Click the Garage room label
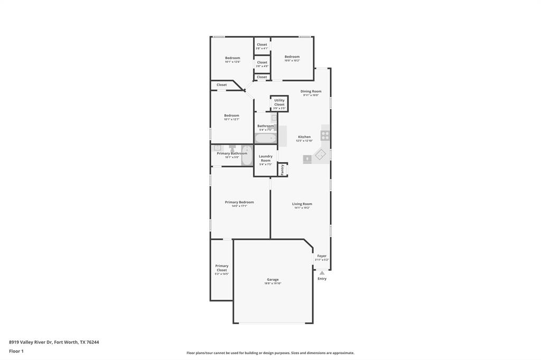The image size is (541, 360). pos(273,280)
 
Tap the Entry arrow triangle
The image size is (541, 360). pos(322,273)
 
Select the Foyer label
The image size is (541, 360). pos(322,256)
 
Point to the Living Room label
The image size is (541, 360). pos(302,204)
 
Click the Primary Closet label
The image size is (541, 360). pos(222,268)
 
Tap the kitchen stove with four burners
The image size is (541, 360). pos(325,135)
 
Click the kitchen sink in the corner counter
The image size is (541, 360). pos(321,155)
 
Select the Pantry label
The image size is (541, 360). pos(283,169)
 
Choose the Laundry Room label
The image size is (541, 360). pos(266,158)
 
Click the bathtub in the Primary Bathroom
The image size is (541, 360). pos(247,155)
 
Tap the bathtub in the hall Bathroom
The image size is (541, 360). pos(265,138)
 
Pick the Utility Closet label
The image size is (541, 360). pos(279,102)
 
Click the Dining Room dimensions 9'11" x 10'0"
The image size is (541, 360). pos(311,95)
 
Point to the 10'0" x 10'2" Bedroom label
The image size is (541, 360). pos(292,57)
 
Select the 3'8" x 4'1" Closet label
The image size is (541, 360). pos(262,45)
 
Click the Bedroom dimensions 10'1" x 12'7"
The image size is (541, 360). pos(231,119)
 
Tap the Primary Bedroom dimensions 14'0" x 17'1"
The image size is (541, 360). pos(239,206)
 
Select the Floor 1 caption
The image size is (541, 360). pos(16,351)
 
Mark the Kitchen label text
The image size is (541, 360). pos(304,137)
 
